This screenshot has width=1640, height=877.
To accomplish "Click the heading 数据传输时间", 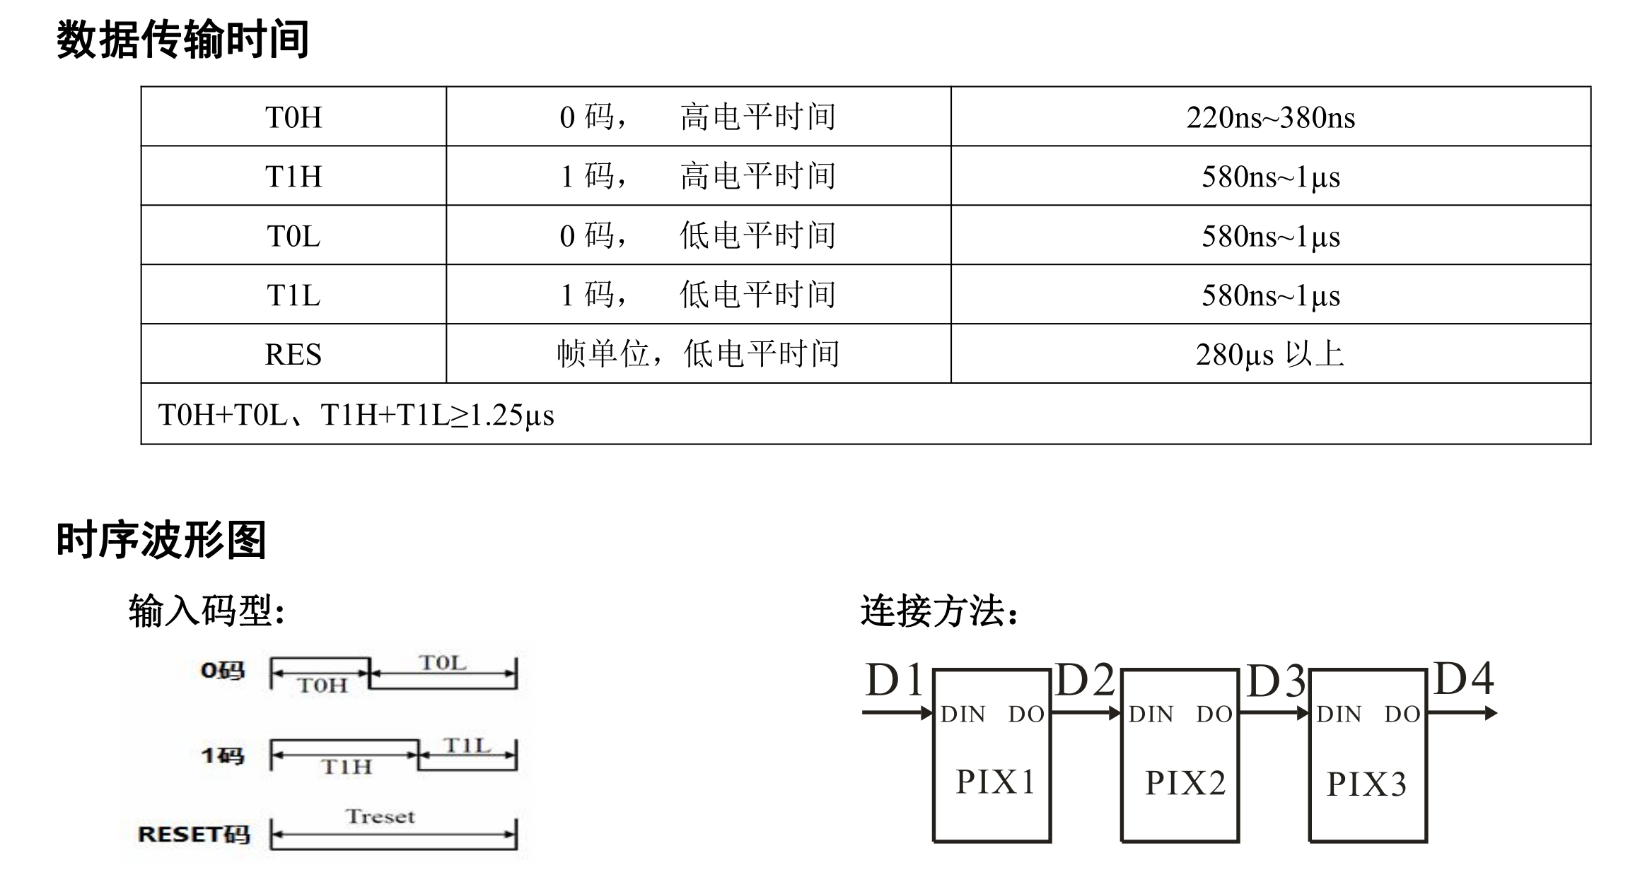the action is click(x=182, y=40).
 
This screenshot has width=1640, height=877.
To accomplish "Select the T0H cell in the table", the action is click(x=293, y=117).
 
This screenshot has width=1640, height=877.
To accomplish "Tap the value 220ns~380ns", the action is click(x=1270, y=117).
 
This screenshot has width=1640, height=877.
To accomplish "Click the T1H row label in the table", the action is click(x=293, y=177).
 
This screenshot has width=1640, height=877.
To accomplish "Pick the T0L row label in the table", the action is click(x=293, y=236).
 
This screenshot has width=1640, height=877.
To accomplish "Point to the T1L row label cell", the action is click(x=293, y=295).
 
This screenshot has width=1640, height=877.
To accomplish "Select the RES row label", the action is click(x=293, y=354).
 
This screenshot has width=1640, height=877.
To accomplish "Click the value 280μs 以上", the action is click(x=1270, y=354).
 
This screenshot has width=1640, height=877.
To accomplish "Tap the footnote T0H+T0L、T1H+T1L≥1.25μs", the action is click(x=356, y=415).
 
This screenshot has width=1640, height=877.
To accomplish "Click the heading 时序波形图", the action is click(x=161, y=541).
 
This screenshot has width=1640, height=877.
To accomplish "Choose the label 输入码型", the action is click(x=207, y=611).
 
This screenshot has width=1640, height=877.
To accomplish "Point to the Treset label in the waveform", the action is click(x=380, y=817).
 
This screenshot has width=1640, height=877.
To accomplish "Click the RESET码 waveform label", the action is click(x=194, y=835).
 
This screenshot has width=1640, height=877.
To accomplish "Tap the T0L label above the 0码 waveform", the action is click(x=443, y=663).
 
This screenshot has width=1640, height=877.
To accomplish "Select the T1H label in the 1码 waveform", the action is click(x=346, y=767).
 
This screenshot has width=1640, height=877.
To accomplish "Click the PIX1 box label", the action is click(x=995, y=782).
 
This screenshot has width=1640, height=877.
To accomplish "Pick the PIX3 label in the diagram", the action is click(x=1366, y=784).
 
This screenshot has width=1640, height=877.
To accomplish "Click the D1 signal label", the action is click(x=895, y=681).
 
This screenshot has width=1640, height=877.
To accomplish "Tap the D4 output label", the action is click(x=1463, y=678).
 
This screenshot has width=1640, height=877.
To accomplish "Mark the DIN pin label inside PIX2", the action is click(x=1151, y=714).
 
